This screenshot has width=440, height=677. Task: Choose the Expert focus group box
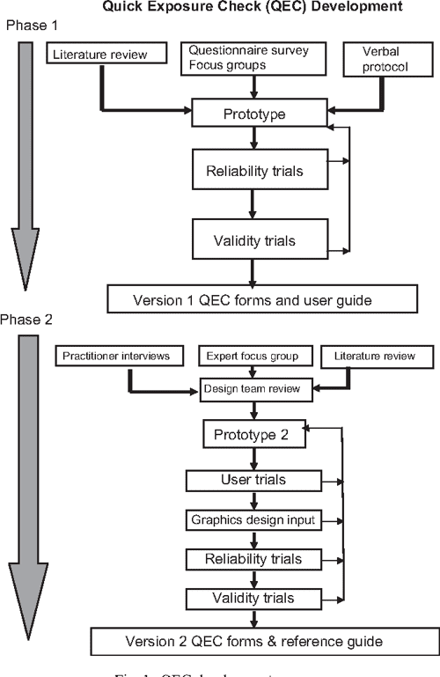point(252,356)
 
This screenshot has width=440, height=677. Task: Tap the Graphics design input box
point(253,519)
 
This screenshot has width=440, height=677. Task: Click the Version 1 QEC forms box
point(251,299)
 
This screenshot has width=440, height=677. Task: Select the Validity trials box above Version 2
point(253,598)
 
